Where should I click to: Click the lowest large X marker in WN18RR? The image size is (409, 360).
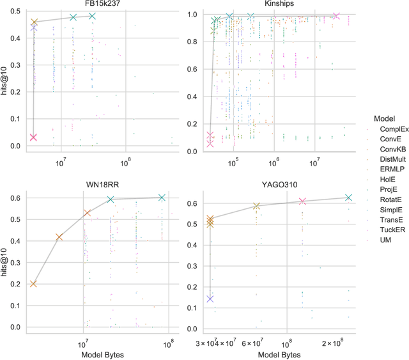point(33,284)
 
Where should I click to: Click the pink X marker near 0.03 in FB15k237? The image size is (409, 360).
point(33,137)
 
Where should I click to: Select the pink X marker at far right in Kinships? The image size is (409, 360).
point(337,16)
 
